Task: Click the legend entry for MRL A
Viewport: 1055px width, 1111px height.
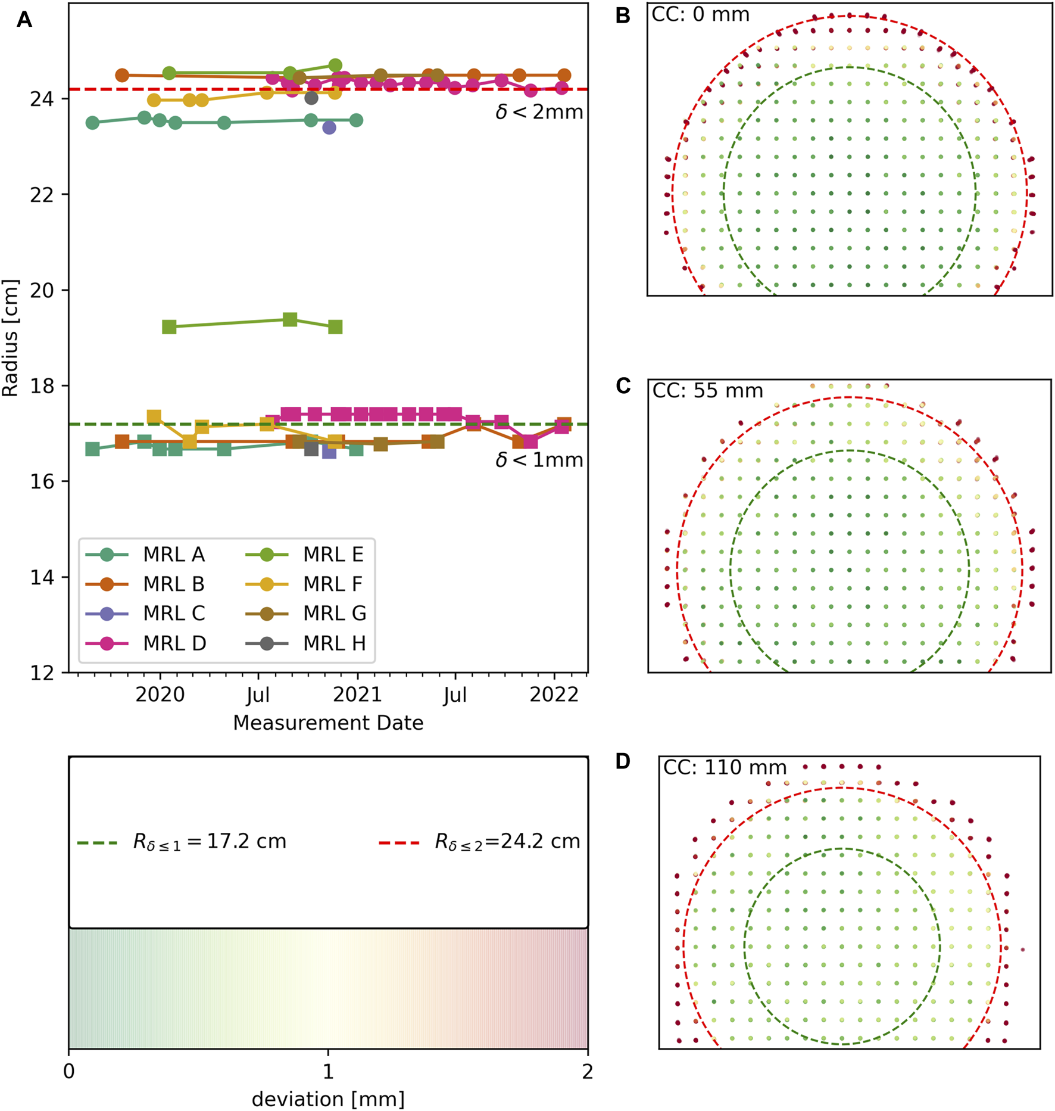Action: point(173,555)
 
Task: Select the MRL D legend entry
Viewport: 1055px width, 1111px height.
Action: point(174,643)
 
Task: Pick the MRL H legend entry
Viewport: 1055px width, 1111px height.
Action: point(334,643)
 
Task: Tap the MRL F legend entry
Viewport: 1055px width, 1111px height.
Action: point(332,584)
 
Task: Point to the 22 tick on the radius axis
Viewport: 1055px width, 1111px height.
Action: point(41,195)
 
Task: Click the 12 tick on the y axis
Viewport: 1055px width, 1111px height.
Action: point(41,673)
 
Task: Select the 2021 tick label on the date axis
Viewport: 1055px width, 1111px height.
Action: point(357,695)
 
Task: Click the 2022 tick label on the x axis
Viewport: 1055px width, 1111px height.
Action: point(554,695)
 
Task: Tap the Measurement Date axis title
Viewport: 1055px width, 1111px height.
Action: point(328,723)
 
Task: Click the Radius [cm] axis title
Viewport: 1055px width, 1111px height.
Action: point(11,338)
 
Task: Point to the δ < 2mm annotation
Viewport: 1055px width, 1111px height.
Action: point(539,112)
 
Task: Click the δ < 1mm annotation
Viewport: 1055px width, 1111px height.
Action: point(539,460)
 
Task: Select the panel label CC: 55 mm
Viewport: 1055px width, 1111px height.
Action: point(707,391)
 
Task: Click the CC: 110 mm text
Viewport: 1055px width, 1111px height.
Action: point(725,767)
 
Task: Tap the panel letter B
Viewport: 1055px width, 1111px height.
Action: point(623,15)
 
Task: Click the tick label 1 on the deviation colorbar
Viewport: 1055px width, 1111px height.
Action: point(328,1072)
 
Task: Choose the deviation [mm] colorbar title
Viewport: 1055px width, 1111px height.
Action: point(328,1099)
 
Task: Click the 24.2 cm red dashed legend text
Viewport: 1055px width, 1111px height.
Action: point(507,841)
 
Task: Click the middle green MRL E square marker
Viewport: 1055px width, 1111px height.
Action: point(290,319)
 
